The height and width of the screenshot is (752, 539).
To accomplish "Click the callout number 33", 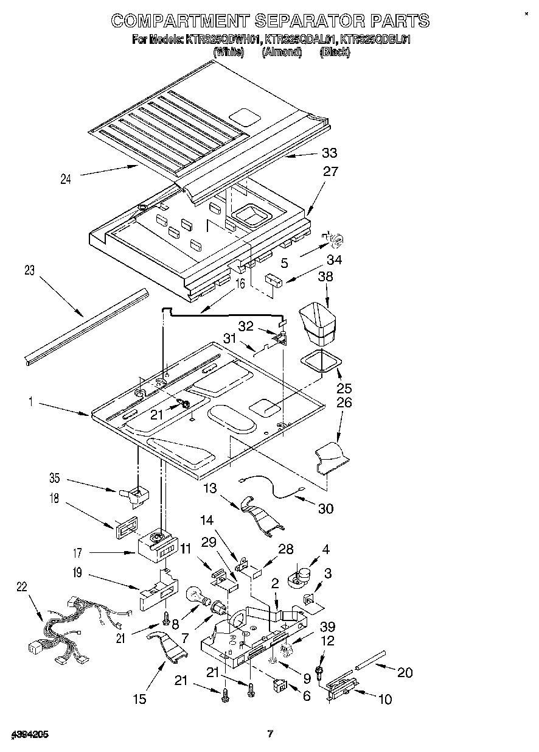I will pyautogui.click(x=329, y=153).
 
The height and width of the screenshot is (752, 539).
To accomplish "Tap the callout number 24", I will pyautogui.click(x=66, y=178).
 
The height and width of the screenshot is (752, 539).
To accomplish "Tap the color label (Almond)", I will pyautogui.click(x=282, y=52).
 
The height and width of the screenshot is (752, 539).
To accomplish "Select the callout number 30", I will pyautogui.click(x=325, y=508).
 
